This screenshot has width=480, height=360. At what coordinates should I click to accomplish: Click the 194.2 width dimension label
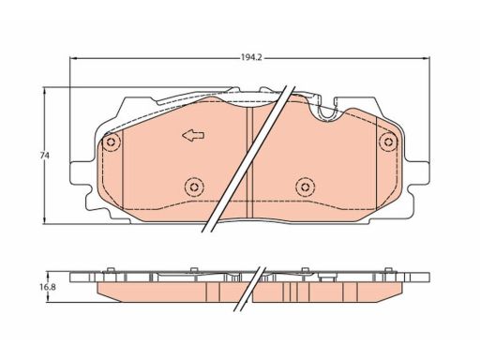[250, 58]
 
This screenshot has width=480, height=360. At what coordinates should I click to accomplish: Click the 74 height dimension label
[45, 156]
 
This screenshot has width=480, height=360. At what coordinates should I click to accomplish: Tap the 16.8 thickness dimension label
[48, 287]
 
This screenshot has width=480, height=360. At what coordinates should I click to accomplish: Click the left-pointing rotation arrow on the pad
[193, 135]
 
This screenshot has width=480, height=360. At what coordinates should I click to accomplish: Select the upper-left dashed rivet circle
[111, 142]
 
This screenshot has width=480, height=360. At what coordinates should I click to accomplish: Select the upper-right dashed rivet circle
[388, 142]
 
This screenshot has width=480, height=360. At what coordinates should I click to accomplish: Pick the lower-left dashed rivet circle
[194, 187]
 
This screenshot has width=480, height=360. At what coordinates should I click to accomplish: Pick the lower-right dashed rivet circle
[305, 187]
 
